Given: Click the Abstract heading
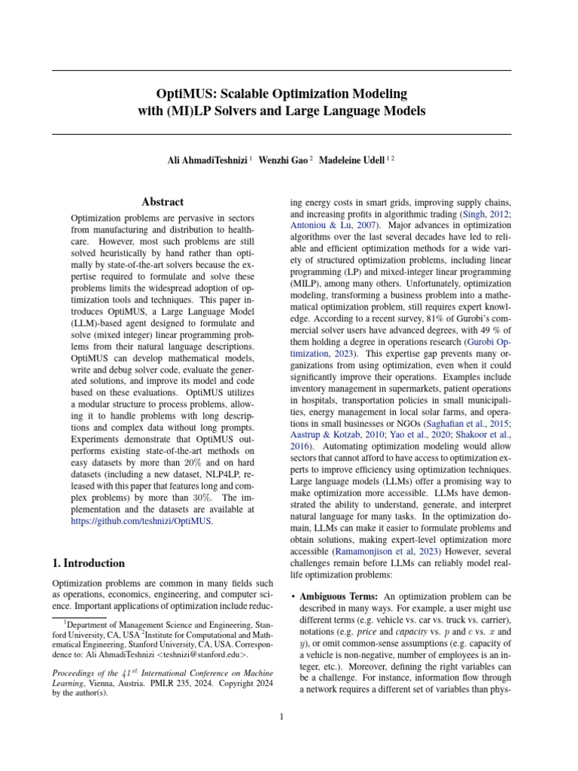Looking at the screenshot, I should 163,202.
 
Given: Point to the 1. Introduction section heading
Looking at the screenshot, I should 88,562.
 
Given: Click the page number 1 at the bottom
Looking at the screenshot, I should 281,717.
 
